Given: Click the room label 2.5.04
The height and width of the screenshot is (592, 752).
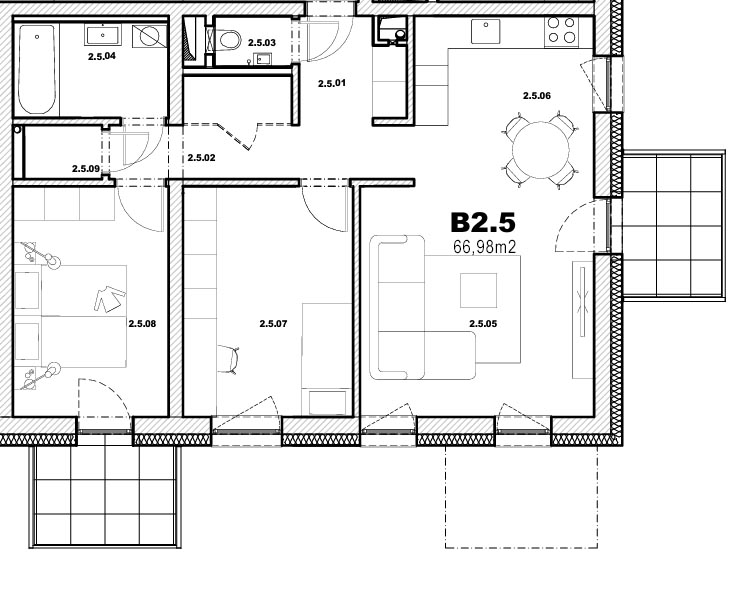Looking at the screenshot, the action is pos(102,56).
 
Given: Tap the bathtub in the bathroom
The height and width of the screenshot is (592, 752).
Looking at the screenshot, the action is pos(36,69).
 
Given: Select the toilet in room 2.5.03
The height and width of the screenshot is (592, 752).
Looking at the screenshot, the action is pos(229,40).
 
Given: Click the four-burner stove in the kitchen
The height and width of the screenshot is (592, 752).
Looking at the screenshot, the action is pos(561,30).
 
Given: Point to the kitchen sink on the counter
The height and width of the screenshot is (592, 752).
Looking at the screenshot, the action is pos(486,31).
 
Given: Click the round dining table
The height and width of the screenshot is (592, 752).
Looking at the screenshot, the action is pos(540,150).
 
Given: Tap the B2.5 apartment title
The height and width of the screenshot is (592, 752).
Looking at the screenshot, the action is pos(482,222).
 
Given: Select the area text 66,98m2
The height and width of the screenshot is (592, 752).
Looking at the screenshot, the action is pos(484,247).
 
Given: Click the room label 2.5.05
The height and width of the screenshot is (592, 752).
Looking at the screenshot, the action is pos(483,324).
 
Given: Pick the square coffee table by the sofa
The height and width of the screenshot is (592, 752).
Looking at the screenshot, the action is pos(478,290).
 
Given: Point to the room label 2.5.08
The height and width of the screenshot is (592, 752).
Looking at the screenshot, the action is pos(142,324).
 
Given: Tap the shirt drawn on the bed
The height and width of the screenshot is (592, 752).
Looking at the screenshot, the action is pos(110,299).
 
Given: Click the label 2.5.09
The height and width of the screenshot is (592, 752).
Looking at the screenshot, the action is pos(86,169).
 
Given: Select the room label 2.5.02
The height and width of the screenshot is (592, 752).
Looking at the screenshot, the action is pos(201,157).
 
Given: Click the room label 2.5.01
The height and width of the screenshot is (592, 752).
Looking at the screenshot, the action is pos(331,83).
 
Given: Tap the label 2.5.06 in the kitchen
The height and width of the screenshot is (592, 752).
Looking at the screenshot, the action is pos(537,96).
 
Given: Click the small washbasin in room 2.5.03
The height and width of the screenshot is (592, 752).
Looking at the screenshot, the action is pos(264,59).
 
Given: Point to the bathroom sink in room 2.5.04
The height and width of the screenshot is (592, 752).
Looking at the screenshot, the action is pos(103,35).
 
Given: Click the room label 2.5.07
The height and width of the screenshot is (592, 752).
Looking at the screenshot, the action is pos(273,324).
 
